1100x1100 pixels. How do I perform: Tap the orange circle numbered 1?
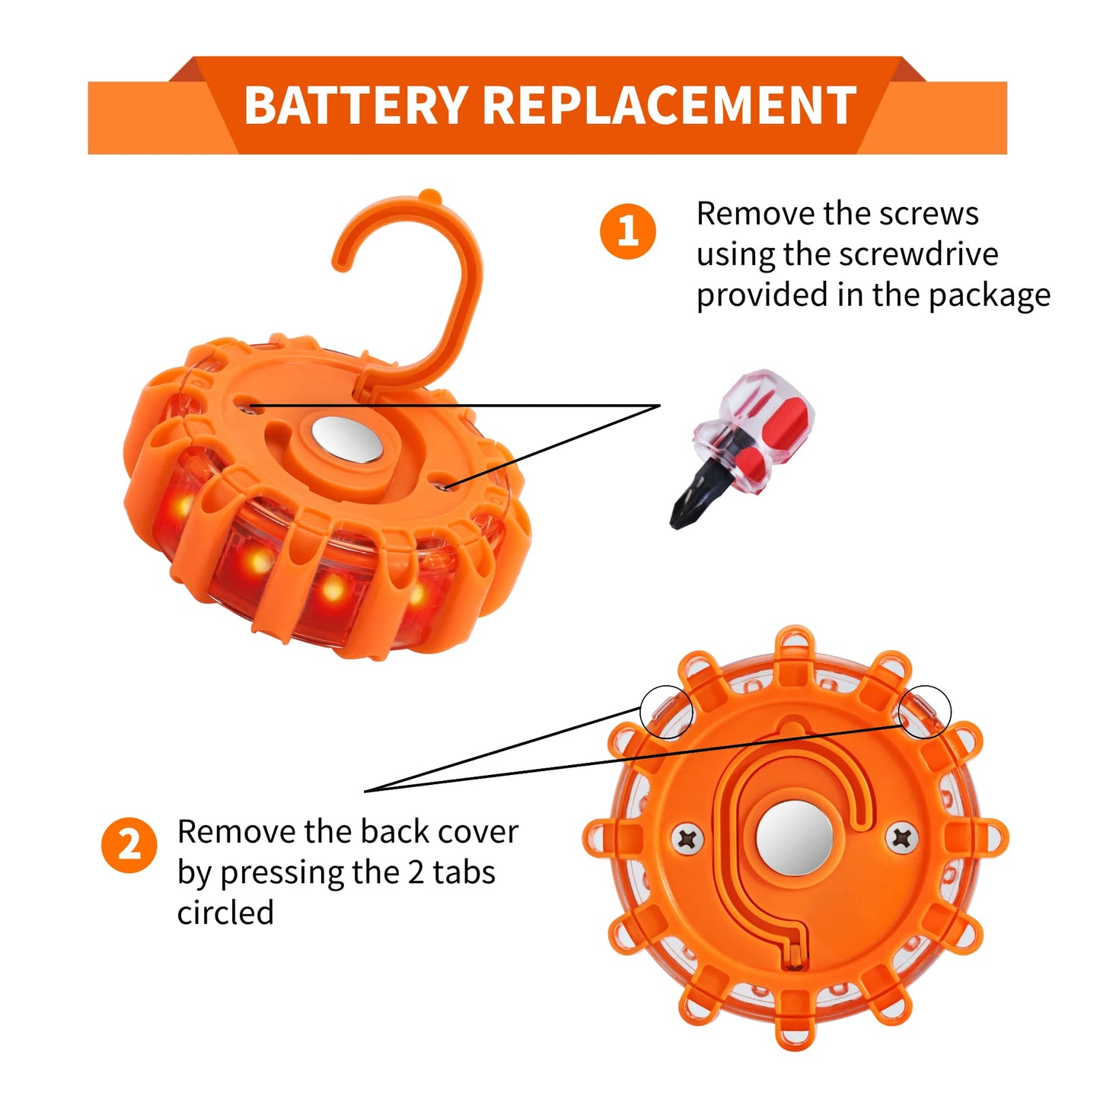point(627,231)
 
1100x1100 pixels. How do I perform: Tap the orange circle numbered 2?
point(129,846)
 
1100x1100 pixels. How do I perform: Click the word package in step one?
point(990,297)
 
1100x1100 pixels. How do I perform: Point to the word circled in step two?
point(225,913)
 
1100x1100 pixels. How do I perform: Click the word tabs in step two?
point(464,872)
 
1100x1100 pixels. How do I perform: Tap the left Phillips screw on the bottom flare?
point(687,838)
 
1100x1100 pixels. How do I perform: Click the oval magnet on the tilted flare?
point(347,438)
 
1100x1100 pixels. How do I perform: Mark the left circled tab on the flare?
point(666,712)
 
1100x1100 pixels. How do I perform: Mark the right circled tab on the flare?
point(926,711)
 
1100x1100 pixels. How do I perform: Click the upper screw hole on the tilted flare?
point(247,405)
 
